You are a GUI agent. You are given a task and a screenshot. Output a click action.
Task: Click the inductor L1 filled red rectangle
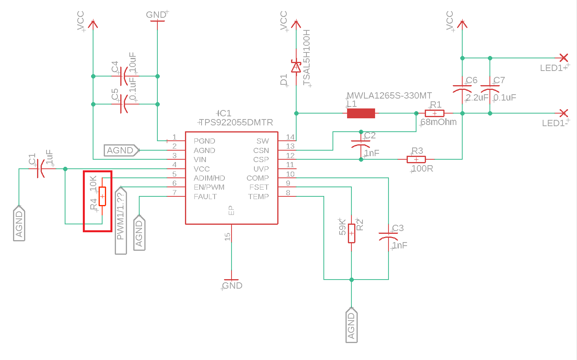tap(361, 113)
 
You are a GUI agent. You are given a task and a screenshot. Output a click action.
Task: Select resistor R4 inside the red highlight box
tap(102, 196)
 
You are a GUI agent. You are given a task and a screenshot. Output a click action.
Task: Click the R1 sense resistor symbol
tap(435, 113)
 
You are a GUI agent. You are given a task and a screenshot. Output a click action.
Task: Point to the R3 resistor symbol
tap(416, 159)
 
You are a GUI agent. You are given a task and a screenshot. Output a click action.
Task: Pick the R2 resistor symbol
tap(351, 233)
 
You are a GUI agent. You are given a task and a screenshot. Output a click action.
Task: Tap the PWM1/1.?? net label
tap(121, 220)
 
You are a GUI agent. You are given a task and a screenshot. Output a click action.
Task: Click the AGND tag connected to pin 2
tap(121, 150)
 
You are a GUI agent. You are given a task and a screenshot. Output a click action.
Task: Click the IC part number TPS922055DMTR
tap(236, 122)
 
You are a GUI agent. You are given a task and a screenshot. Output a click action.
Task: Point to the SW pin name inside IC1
tap(263, 141)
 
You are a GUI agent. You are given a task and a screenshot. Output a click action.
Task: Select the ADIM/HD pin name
tap(209, 178)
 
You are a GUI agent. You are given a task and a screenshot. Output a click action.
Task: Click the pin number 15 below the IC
tap(227, 237)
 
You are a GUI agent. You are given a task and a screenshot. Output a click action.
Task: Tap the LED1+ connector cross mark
tap(564, 58)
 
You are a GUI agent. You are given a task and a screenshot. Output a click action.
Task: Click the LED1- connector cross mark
tap(564, 113)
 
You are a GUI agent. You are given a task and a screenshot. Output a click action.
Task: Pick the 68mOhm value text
tap(439, 122)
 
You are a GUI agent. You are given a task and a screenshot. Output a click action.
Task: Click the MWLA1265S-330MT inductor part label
tap(389, 95)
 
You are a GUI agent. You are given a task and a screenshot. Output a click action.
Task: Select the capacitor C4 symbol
tap(125, 76)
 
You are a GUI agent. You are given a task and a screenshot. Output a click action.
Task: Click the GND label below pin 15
tap(232, 285)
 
